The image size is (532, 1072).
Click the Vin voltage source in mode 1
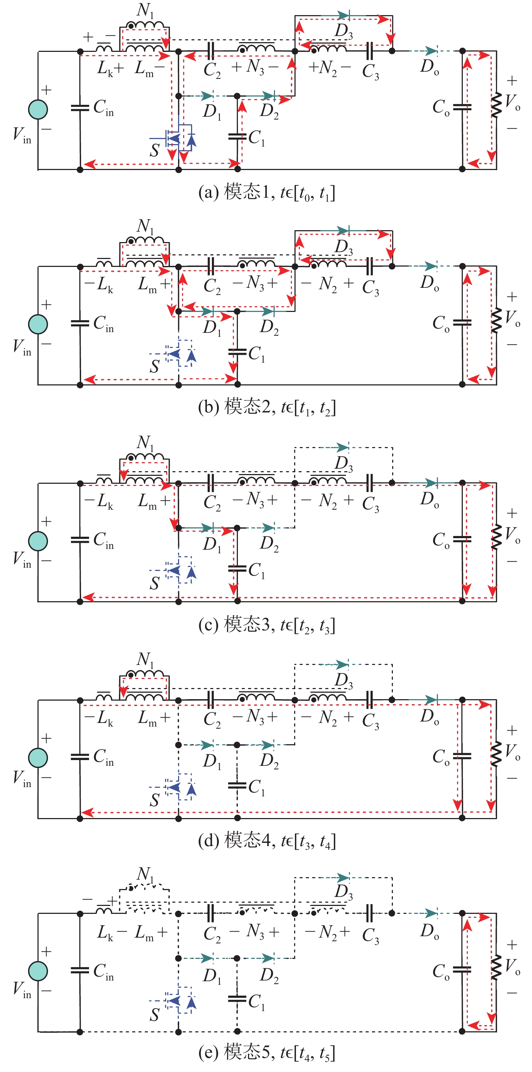pyautogui.click(x=38, y=110)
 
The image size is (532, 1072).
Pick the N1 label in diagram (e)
pyautogui.click(x=145, y=874)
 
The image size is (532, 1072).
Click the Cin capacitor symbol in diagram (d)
pyautogui.click(x=80, y=756)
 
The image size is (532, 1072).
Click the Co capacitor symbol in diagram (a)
pyautogui.click(x=462, y=107)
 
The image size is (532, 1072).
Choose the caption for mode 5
pyautogui.click(x=266, y=1053)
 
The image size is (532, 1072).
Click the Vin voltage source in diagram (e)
pyautogui.click(x=38, y=971)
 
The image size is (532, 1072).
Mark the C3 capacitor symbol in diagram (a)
pyautogui.click(x=369, y=51)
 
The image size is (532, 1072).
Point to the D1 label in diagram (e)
pyautogui.click(x=212, y=975)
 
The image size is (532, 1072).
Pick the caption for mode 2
pyautogui.click(x=266, y=407)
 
